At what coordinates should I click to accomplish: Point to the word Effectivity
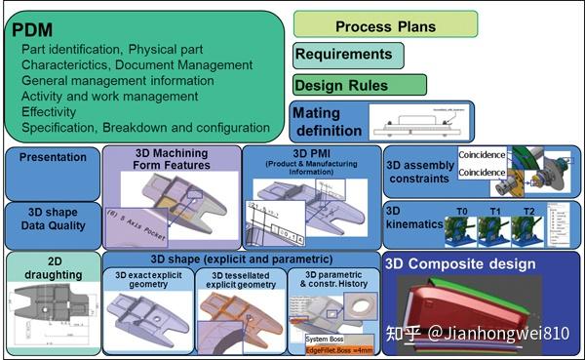click(x=58, y=111)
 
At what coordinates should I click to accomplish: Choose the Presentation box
click(x=53, y=156)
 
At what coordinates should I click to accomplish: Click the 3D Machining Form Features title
click(x=172, y=159)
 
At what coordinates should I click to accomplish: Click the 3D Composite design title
click(x=460, y=263)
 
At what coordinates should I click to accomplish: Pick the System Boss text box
click(x=324, y=338)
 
